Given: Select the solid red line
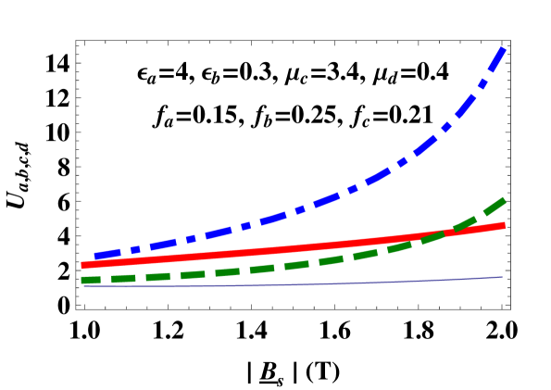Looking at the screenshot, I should tap(278, 248).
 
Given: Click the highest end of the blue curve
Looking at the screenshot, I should tap(504, 47).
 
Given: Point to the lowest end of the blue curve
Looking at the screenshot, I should tap(95, 257).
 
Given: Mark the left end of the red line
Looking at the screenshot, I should tap(82, 265).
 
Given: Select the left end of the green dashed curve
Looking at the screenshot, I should tap(82, 280).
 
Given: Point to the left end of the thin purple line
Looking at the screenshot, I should tap(84, 286).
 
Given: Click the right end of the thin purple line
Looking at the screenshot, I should tap(503, 277).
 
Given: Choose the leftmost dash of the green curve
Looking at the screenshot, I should tap(91, 280).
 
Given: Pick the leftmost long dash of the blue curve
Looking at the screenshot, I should tap(107, 254).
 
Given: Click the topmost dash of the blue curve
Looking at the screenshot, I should tap(497, 58).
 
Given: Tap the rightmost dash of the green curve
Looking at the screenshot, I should tap(492, 207).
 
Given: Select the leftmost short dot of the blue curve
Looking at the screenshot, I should tap(135, 249).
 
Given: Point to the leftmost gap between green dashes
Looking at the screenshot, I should tap(106, 279).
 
